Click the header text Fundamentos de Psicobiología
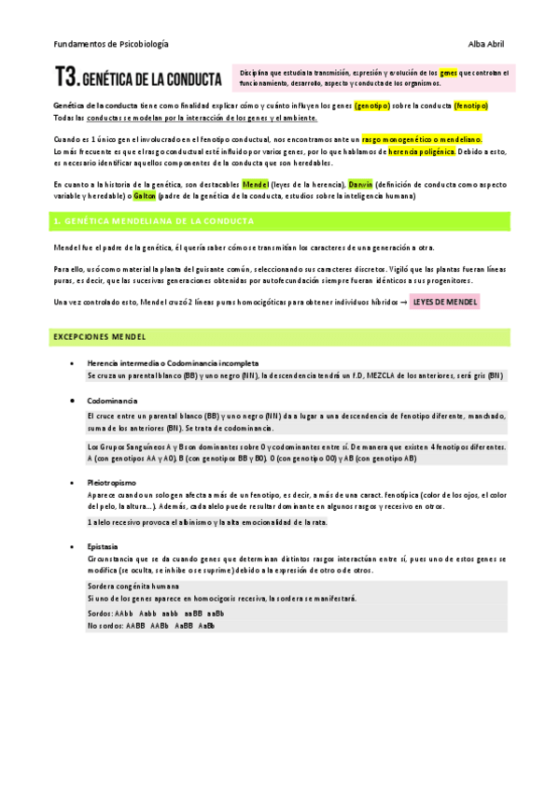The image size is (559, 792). point(111,44)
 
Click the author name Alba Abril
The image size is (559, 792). point(485,44)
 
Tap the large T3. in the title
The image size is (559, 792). point(67,77)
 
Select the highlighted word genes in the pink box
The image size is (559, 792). point(448,72)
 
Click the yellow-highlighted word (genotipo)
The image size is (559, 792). point(372,106)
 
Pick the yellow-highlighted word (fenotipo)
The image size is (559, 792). point(470,106)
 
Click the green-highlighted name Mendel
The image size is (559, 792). point(255,184)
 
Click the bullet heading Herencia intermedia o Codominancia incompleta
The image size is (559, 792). point(173,362)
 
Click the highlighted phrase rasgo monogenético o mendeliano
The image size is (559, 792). point(421,139)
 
